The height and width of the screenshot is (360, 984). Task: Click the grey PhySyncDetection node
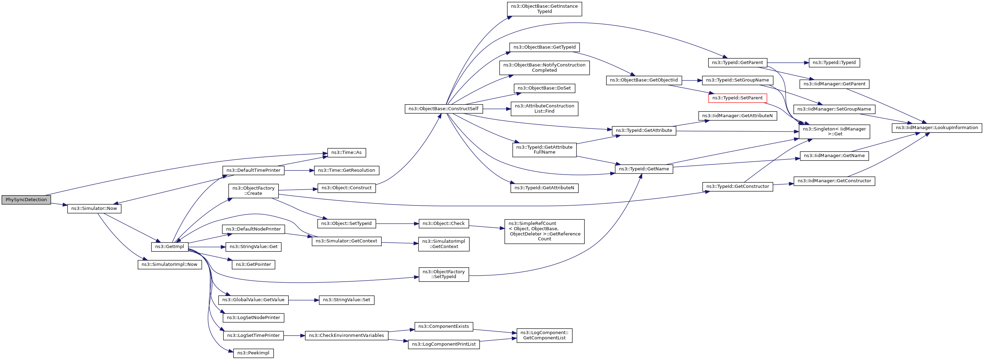click(x=26, y=199)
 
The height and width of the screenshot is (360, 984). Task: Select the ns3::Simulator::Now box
click(x=94, y=208)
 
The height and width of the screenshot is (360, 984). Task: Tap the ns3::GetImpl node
click(x=170, y=247)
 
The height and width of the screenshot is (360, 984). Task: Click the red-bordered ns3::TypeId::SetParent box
click(x=737, y=98)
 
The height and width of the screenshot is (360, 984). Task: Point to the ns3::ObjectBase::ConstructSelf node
click(x=444, y=108)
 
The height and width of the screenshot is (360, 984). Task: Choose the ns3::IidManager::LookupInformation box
click(x=936, y=128)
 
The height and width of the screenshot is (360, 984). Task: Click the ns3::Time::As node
click(x=346, y=153)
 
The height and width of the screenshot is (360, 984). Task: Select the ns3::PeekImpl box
click(x=253, y=353)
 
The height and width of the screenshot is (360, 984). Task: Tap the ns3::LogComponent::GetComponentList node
click(x=544, y=335)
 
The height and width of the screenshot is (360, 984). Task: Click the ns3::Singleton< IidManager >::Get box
click(x=834, y=132)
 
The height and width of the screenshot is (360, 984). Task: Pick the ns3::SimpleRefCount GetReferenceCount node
click(x=544, y=231)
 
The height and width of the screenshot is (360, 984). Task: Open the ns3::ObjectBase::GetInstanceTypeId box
click(x=544, y=9)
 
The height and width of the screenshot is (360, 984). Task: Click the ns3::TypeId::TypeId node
click(x=834, y=63)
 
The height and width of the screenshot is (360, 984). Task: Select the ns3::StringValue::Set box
click(x=346, y=300)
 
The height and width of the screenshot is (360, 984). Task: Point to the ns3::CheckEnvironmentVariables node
click(x=346, y=336)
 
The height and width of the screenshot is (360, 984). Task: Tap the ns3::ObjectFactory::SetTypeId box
click(x=444, y=274)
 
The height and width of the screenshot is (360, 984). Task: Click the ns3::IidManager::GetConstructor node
click(x=834, y=181)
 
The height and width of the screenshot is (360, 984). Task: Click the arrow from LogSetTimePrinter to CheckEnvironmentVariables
click(x=294, y=336)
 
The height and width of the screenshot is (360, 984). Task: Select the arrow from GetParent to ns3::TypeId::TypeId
click(x=788, y=63)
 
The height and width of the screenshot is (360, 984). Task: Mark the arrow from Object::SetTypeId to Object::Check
click(x=397, y=224)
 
